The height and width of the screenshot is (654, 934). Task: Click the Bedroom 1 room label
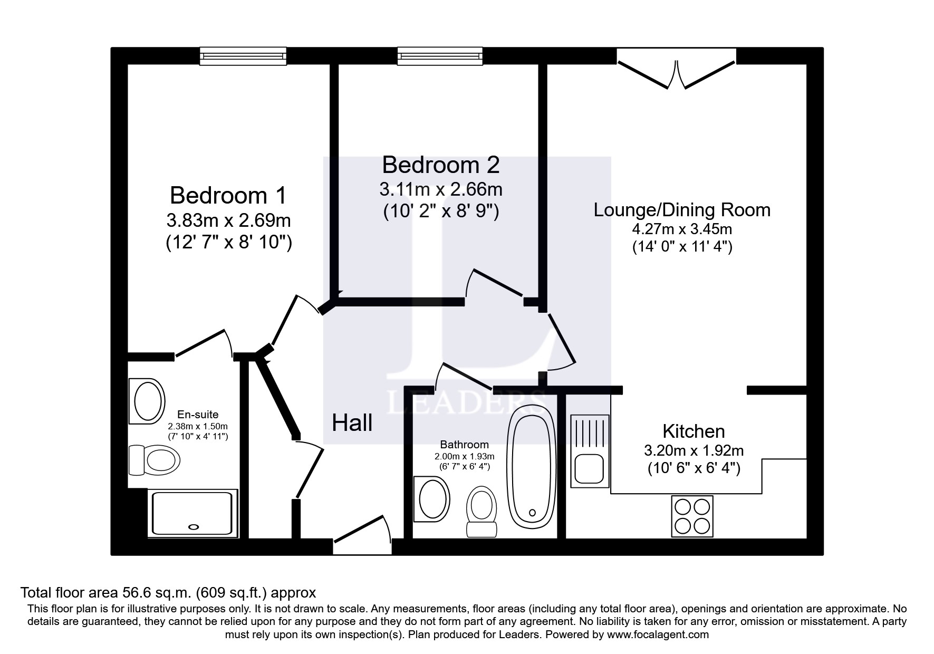click(x=228, y=196)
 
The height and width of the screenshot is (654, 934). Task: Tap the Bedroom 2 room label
click(x=440, y=165)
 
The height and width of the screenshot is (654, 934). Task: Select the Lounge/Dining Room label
click(x=682, y=210)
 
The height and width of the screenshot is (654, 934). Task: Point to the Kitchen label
click(x=694, y=431)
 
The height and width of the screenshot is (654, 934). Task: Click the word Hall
click(x=352, y=422)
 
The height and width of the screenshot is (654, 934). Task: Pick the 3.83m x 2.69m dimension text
click(x=228, y=220)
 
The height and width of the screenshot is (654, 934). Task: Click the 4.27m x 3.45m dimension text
click(x=682, y=229)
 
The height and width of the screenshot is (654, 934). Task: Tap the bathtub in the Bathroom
click(x=532, y=467)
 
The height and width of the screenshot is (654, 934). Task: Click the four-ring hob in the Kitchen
click(x=692, y=516)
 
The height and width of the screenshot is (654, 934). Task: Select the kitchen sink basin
click(x=589, y=469)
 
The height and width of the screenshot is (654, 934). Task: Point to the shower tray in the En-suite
click(x=192, y=513)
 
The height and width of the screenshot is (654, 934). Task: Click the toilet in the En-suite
click(x=155, y=459)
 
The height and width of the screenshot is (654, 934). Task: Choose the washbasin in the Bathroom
click(x=431, y=499)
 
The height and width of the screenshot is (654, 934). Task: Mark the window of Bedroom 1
click(x=243, y=56)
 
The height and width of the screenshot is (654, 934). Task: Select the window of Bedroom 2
click(x=440, y=56)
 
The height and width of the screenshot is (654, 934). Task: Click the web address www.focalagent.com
click(x=658, y=634)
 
